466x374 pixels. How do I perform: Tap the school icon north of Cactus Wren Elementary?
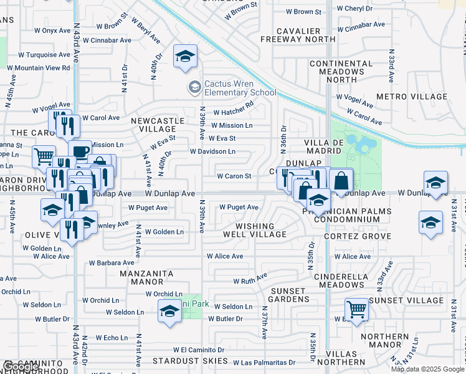point(186,57)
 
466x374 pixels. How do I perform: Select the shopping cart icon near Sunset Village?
point(356,308)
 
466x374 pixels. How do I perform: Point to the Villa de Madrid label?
point(324,146)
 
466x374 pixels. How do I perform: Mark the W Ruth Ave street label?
point(250,277)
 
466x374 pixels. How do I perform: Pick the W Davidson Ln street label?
point(212,151)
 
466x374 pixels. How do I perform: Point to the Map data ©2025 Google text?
point(427,369)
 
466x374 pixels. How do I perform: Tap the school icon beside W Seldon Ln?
point(169,311)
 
